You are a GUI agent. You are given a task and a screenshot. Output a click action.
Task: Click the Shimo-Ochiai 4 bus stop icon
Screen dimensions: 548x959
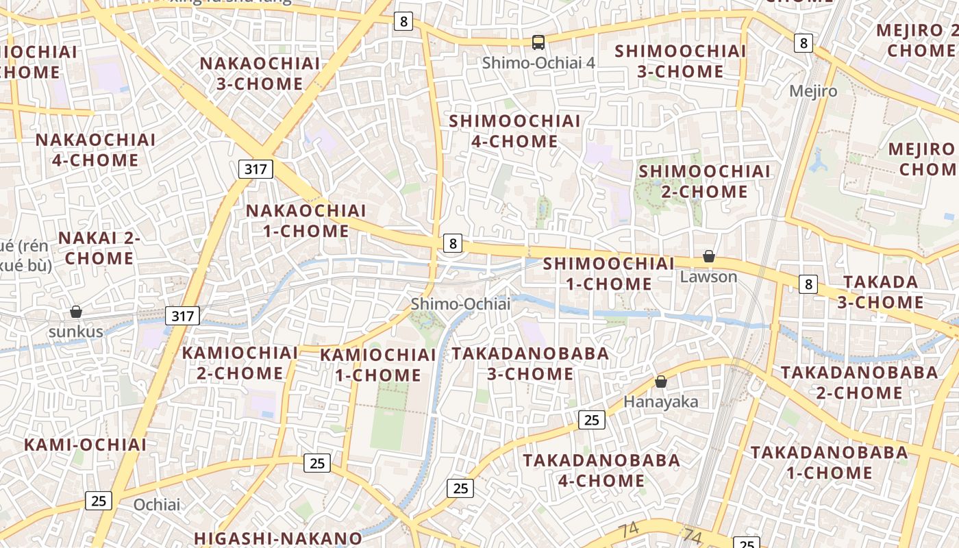(x=538, y=42)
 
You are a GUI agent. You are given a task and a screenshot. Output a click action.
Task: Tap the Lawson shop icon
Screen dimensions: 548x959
(x=709, y=257)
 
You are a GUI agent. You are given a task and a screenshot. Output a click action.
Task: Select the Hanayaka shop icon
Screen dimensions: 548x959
(x=661, y=382)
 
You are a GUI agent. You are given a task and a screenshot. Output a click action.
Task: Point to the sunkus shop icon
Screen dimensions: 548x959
(x=76, y=312)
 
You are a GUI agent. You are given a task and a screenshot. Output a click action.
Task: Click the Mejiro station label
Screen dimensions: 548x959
(x=813, y=91)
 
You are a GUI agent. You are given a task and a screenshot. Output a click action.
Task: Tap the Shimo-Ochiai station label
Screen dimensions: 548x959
(x=460, y=303)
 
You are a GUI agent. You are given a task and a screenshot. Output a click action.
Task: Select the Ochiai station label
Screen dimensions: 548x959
(x=157, y=505)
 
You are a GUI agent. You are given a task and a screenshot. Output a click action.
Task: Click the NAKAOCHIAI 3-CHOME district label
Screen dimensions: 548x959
(x=260, y=73)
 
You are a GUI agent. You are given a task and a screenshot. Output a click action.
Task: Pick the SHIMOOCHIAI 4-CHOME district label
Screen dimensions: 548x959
(x=514, y=131)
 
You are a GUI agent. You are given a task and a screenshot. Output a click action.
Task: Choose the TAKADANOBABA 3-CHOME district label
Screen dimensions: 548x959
(x=530, y=364)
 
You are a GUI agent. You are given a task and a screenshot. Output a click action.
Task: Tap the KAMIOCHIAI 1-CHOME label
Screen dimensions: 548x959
(x=377, y=365)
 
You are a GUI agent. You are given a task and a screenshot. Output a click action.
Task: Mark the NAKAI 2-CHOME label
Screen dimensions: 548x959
(x=99, y=248)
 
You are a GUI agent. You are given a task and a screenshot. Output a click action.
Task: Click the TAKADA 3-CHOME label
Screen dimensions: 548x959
(x=880, y=292)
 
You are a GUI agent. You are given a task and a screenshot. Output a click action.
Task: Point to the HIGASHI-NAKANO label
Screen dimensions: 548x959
(x=277, y=538)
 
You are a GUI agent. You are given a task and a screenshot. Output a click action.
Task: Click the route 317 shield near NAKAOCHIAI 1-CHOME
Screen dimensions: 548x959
(x=256, y=169)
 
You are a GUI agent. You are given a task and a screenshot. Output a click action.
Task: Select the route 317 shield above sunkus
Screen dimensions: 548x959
(x=183, y=316)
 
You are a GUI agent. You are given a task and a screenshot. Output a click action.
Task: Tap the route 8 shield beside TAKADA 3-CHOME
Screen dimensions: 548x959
(x=808, y=284)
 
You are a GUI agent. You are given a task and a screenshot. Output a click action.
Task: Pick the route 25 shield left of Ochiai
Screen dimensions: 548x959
(x=99, y=501)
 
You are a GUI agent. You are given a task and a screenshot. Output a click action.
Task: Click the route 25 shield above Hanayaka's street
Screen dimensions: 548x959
(x=592, y=420)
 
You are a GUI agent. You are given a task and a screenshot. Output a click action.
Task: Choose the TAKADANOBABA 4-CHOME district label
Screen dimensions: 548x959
(x=602, y=470)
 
